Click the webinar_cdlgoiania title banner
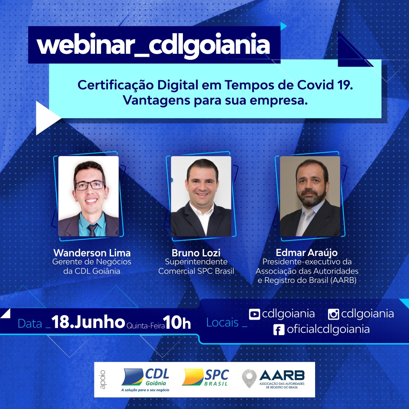154,45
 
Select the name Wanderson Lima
92,253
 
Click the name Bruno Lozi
196,253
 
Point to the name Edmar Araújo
307,253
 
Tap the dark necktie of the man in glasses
92,229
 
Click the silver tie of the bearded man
306,222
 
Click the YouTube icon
254,314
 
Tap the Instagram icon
333,314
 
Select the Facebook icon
279,330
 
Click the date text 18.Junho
88,322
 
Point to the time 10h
177,323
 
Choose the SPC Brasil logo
205,377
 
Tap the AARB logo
273,379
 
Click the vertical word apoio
103,379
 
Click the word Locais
223,323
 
